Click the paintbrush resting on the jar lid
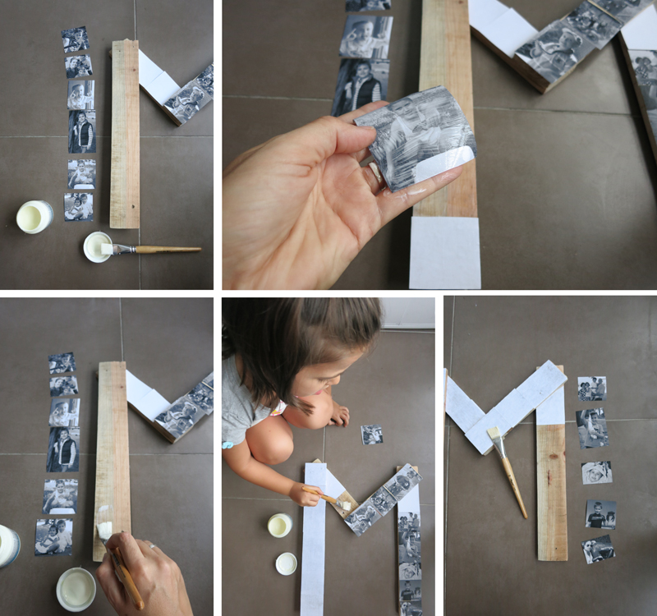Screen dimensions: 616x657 click(x=156, y=249)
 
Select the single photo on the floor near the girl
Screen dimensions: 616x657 click(x=371, y=434)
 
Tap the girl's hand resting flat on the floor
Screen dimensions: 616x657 click(x=339, y=416)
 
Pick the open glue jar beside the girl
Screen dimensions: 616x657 click(x=279, y=526)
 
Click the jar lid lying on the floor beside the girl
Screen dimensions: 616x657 click(x=286, y=563)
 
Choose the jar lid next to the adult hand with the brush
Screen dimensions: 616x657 click(x=76, y=588)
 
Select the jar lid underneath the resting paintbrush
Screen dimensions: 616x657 click(x=97, y=247)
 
